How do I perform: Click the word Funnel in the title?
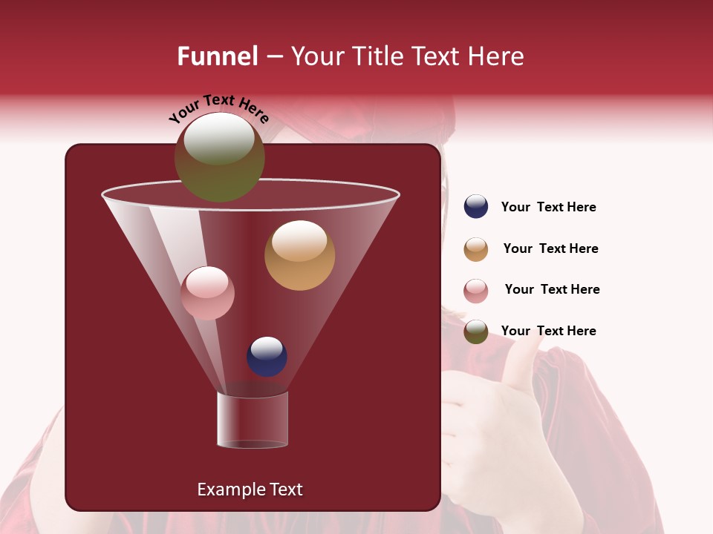218,56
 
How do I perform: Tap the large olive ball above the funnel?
219,156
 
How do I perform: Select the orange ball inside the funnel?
299,255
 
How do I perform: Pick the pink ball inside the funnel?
207,293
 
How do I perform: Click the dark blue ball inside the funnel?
267,356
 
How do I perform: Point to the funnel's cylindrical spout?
253,420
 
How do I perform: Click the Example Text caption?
250,489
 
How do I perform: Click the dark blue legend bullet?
476,207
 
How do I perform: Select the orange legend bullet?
476,249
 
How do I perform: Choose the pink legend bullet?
476,291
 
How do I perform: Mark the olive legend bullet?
476,332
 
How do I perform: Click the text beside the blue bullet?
548,208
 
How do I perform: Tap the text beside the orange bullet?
550,249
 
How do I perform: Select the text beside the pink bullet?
552,290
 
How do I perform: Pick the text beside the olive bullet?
548,332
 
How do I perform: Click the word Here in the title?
497,56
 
